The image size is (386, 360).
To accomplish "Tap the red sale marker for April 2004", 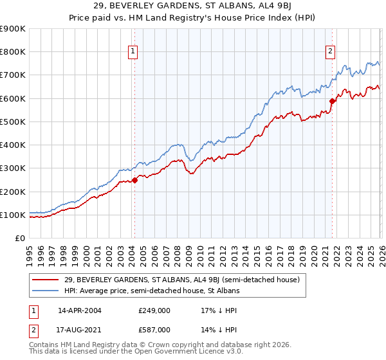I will pos(134,180).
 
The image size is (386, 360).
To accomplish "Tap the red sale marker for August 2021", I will pos(333,101).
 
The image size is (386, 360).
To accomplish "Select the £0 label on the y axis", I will pos(20,238).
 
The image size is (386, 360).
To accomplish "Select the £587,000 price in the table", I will pos(154,329).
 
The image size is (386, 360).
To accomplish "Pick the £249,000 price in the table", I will pos(154,310).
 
